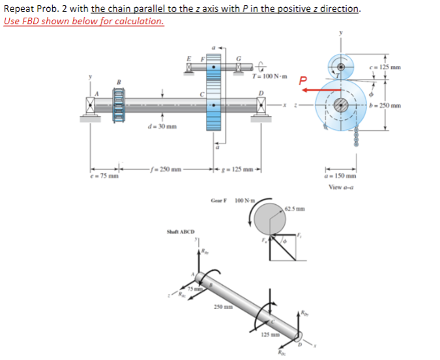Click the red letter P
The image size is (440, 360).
point(302,82)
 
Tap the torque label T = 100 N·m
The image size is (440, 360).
point(268,78)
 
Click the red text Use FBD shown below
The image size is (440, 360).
point(83,21)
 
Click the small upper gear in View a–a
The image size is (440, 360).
point(340,64)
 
